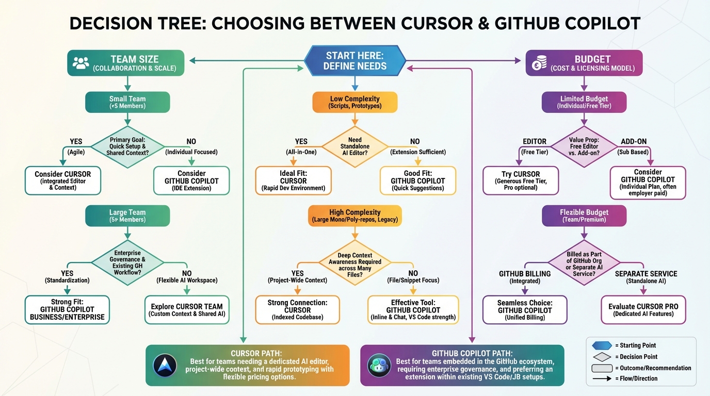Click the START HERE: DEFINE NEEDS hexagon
tap(354, 60)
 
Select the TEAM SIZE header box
tap(126, 63)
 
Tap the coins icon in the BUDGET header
tap(540, 63)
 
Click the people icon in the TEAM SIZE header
tap(81, 63)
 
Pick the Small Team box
tap(127, 102)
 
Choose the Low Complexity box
tap(354, 102)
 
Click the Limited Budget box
tap(584, 102)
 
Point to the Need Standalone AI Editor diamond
tap(354, 146)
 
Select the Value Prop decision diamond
tap(584, 146)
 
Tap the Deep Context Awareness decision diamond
tap(354, 262)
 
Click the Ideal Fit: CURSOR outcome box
tap(294, 180)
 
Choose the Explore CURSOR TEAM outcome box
tap(187, 310)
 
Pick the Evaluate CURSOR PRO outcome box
tap(643, 310)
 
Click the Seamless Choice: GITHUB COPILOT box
tap(524, 310)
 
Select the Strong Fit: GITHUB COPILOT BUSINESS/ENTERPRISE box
tap(67, 310)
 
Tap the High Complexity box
tap(354, 216)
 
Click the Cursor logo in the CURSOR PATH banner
tap(165, 366)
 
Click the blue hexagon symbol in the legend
tap(602, 345)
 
